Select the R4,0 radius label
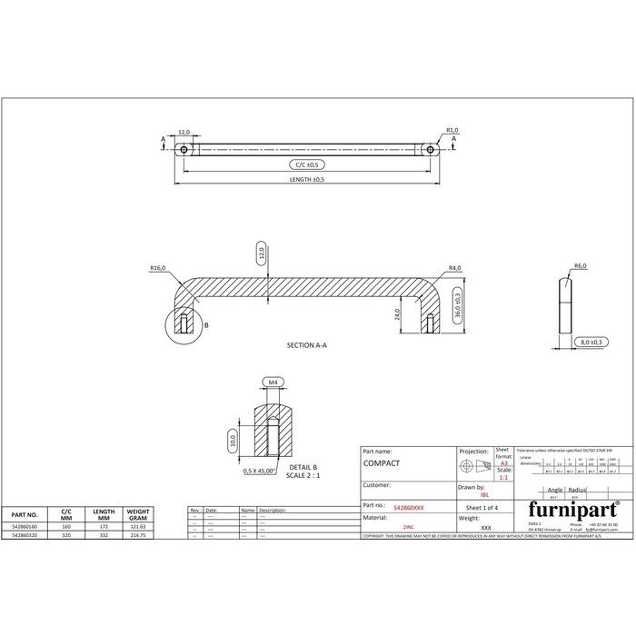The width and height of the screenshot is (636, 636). pyautogui.click(x=455, y=269)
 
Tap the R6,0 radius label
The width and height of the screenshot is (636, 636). pyautogui.click(x=580, y=265)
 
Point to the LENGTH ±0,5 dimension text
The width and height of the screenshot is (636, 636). pyautogui.click(x=307, y=181)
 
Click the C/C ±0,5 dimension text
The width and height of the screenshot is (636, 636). pyautogui.click(x=307, y=164)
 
